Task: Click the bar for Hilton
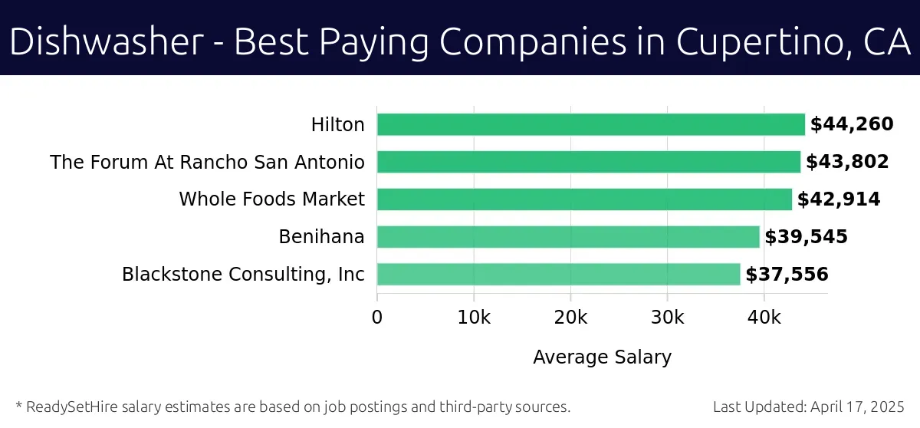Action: tap(590, 124)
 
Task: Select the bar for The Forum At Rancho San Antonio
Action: tap(588, 162)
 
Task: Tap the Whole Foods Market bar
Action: tap(584, 199)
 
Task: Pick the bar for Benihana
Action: tap(568, 237)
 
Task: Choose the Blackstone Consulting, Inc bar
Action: tap(558, 275)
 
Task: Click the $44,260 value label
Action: tap(852, 124)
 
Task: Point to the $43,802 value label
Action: tap(847, 162)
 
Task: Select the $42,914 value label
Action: tap(839, 199)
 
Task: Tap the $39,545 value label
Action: tap(806, 237)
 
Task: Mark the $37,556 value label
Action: tap(787, 275)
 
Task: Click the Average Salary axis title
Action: tap(602, 357)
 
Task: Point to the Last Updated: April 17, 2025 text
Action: tap(809, 407)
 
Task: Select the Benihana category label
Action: tap(321, 237)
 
